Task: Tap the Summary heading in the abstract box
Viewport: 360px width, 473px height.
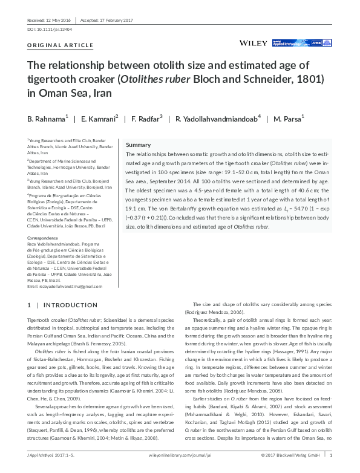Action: pos(138,146)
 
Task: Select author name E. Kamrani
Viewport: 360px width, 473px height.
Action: pos(100,118)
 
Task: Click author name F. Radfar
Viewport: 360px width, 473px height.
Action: pos(146,118)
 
